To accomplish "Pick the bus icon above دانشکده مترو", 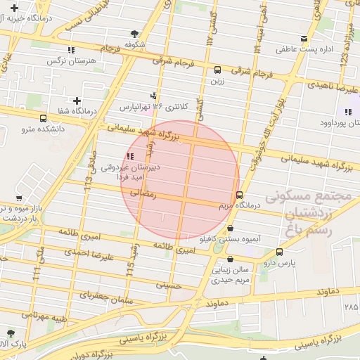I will click(44, 118).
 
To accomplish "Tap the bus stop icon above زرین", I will click(217, 70).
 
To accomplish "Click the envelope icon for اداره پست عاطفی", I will click(304, 39).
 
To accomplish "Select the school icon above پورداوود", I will click(347, 112).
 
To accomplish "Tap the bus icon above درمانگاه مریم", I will click(240, 195).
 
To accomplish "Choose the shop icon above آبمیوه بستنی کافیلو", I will click(231, 229).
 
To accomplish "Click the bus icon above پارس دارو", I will click(280, 252).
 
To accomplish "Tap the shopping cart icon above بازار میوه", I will click(18, 198).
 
